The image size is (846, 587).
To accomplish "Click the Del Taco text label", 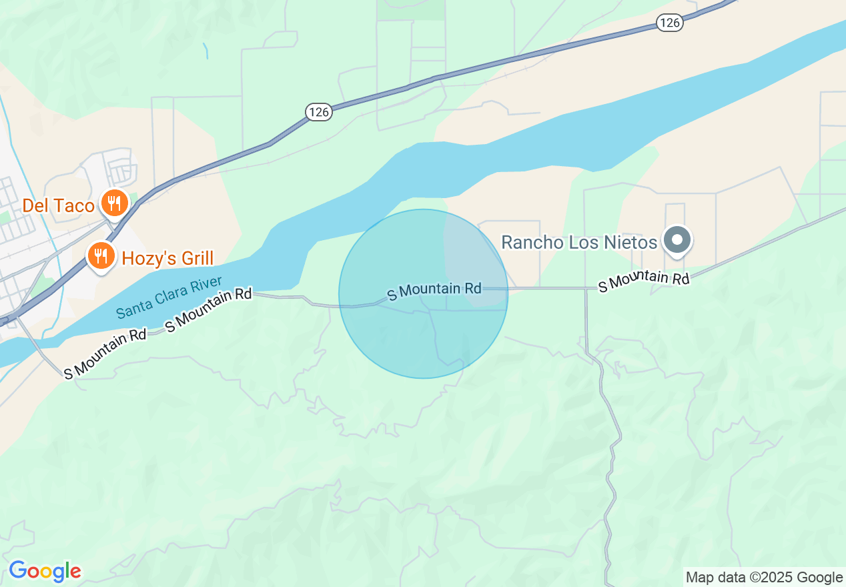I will point(58,205).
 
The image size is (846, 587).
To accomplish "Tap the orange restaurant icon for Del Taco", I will point(115,202).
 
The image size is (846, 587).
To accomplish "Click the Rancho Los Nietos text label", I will point(578,242).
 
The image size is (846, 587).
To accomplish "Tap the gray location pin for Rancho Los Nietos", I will point(678,239).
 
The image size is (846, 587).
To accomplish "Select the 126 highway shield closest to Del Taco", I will point(319,112).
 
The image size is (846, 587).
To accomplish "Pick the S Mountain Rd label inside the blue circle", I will point(434,289).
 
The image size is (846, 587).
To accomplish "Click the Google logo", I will point(45,571).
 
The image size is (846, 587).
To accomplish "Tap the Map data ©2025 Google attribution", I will point(764,578).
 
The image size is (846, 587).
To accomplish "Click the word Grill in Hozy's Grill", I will point(191,258).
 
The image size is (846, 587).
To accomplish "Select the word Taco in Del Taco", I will point(74,205).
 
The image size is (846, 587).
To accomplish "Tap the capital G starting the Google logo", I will point(18,571).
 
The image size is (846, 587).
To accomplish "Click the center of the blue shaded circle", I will point(423,293).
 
